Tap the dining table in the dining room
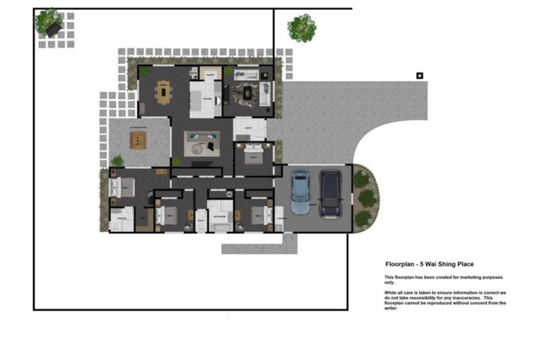click(164, 92)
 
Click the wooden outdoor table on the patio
click(137, 140)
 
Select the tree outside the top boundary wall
click(302, 29)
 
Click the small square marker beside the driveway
click(420, 75)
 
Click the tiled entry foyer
click(250, 129)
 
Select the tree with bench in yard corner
click(50, 22)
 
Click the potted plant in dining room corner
click(144, 71)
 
